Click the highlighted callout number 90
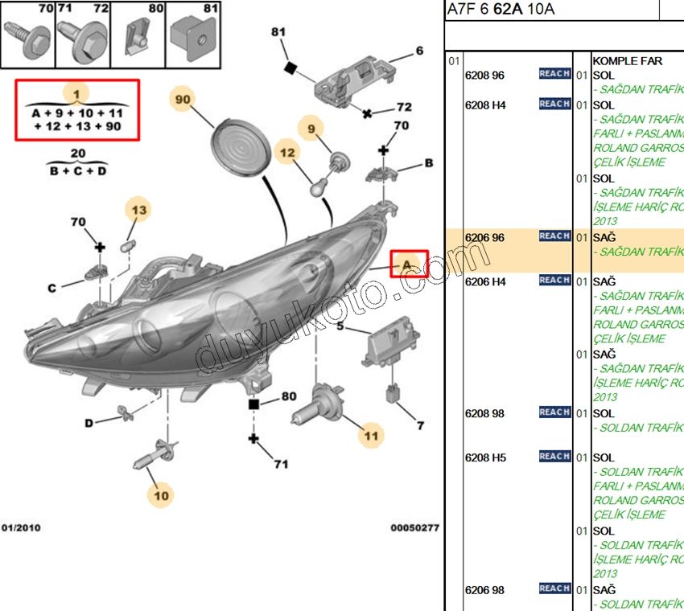(x=182, y=99)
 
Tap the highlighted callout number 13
(x=139, y=211)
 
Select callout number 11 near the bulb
(x=370, y=436)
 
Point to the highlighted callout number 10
(x=162, y=495)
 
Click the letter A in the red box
(x=408, y=264)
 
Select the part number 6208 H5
(x=485, y=457)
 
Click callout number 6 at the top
(x=419, y=51)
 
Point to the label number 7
(x=419, y=425)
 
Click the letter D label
(x=89, y=423)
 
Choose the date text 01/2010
(x=21, y=528)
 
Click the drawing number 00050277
(x=414, y=528)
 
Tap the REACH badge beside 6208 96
(x=554, y=74)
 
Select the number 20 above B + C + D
(x=77, y=153)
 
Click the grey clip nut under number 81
(x=196, y=39)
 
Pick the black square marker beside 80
(x=253, y=404)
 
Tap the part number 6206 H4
(x=485, y=281)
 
